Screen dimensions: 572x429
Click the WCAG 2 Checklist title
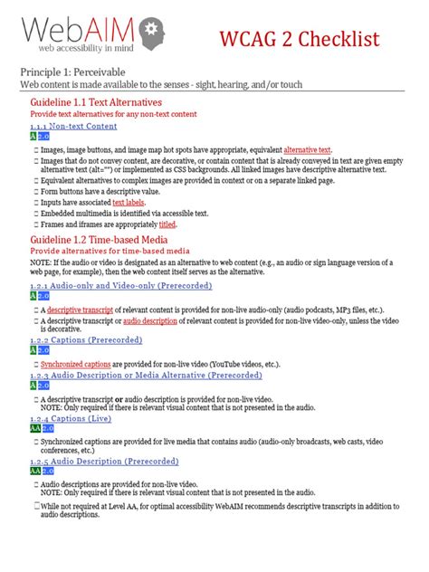point(309,39)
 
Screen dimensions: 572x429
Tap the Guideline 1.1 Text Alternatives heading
point(96,103)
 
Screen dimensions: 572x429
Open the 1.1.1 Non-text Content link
point(73,127)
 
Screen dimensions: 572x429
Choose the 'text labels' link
point(129,203)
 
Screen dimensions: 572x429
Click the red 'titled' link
point(167,224)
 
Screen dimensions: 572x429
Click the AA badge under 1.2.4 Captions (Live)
point(35,428)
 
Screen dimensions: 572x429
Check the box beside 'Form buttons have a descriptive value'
point(35,191)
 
